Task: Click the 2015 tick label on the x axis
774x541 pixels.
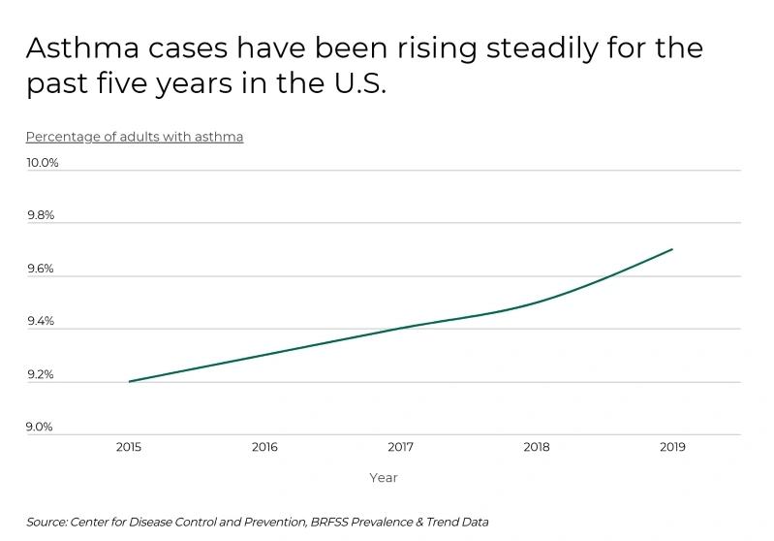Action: tap(129, 447)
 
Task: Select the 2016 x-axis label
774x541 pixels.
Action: tap(264, 447)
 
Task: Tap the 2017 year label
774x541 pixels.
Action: tap(400, 447)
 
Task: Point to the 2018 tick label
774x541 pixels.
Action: tap(536, 447)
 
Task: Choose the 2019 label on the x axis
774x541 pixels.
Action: tap(672, 447)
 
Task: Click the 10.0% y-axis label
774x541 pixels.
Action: tap(43, 163)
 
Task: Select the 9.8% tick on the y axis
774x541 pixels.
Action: tap(41, 215)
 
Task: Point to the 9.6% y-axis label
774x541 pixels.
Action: tap(41, 269)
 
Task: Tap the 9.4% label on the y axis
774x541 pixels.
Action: tap(41, 321)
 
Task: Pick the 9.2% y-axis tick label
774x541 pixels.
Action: tap(41, 374)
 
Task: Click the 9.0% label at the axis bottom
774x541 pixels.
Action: tap(41, 427)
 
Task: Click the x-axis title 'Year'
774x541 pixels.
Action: tap(383, 478)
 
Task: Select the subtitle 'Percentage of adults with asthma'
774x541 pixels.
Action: tap(135, 137)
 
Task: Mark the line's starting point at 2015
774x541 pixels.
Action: tap(129, 381)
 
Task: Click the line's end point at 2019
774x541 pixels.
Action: tap(672, 249)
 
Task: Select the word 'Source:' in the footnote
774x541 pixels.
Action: tap(46, 522)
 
